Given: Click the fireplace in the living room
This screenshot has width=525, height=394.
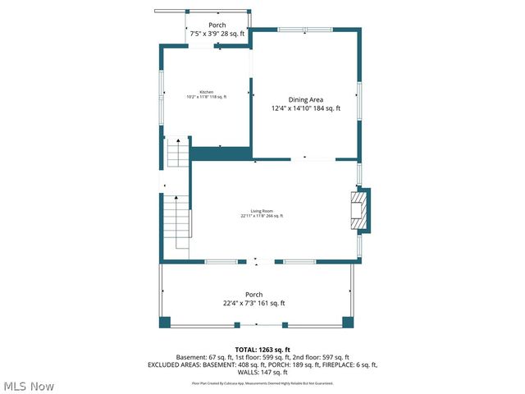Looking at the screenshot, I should click(358, 212).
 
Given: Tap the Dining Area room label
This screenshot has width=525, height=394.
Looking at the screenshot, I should click(305, 99).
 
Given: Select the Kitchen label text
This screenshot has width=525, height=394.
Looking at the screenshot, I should click(206, 92).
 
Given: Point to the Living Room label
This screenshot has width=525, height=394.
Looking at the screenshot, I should click(262, 211).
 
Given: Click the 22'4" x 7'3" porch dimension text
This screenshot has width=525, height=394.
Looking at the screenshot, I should click(254, 304).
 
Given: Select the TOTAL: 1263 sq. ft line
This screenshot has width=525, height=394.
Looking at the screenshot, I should click(262, 349).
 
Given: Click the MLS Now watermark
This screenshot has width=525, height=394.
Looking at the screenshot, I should click(28, 386).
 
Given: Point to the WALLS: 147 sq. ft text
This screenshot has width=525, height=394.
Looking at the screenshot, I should click(262, 373).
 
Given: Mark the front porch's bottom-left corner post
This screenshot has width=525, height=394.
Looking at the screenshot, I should click(165, 322).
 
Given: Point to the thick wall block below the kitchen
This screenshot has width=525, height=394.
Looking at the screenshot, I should click(221, 153).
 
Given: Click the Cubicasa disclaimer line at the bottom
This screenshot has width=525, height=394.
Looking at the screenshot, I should click(262, 383).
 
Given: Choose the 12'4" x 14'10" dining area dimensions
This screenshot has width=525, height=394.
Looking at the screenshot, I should click(305, 108).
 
